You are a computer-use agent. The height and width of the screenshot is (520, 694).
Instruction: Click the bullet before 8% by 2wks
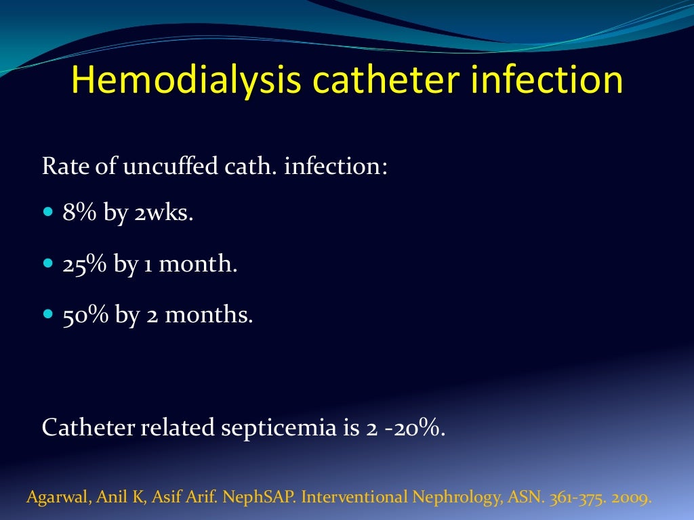(x=47, y=213)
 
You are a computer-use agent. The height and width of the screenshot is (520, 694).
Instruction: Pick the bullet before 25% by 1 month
(x=47, y=263)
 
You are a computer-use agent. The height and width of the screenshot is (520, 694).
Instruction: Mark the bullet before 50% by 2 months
(x=47, y=314)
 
